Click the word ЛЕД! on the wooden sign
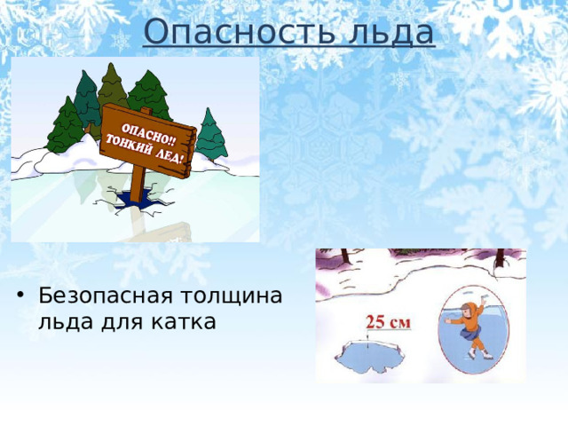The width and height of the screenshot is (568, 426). coord(171,158)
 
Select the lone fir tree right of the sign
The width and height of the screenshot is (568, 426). coord(210,134)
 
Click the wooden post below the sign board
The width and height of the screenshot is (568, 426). coord(138,181)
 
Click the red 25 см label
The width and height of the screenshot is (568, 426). coord(388,322)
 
